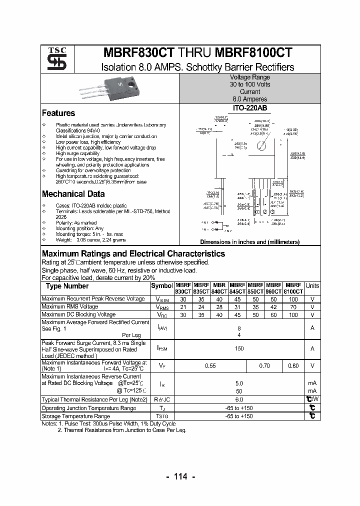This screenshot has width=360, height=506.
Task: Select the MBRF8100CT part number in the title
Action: [x=254, y=54]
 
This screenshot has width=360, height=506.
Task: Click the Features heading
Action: [x=58, y=113]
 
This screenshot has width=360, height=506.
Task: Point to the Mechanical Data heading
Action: [x=73, y=194]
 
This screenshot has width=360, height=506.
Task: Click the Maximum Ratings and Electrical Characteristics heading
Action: [x=133, y=253]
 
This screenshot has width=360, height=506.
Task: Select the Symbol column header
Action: [x=161, y=286]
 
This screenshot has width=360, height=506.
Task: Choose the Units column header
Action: [x=312, y=286]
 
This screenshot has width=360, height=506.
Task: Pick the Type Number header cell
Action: [x=67, y=286]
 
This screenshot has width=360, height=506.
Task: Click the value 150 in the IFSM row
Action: [x=239, y=348]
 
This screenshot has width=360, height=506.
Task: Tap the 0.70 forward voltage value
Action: [x=264, y=366]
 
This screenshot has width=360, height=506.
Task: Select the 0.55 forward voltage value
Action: [x=210, y=366]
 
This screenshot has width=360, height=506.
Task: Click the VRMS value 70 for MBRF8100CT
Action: [x=293, y=307]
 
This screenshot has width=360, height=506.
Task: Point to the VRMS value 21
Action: [x=182, y=307]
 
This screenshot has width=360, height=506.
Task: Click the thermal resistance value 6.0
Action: [x=239, y=400]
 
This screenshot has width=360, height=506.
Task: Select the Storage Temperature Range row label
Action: [x=75, y=416]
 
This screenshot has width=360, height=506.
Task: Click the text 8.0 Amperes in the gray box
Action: [x=249, y=99]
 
